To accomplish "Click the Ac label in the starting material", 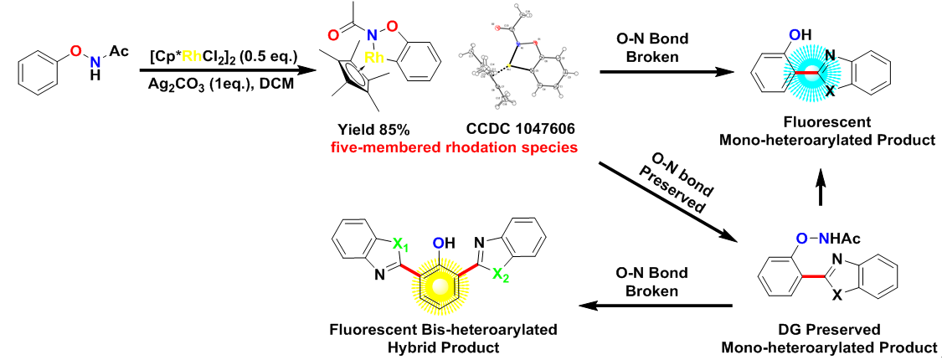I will pos(118,53).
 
